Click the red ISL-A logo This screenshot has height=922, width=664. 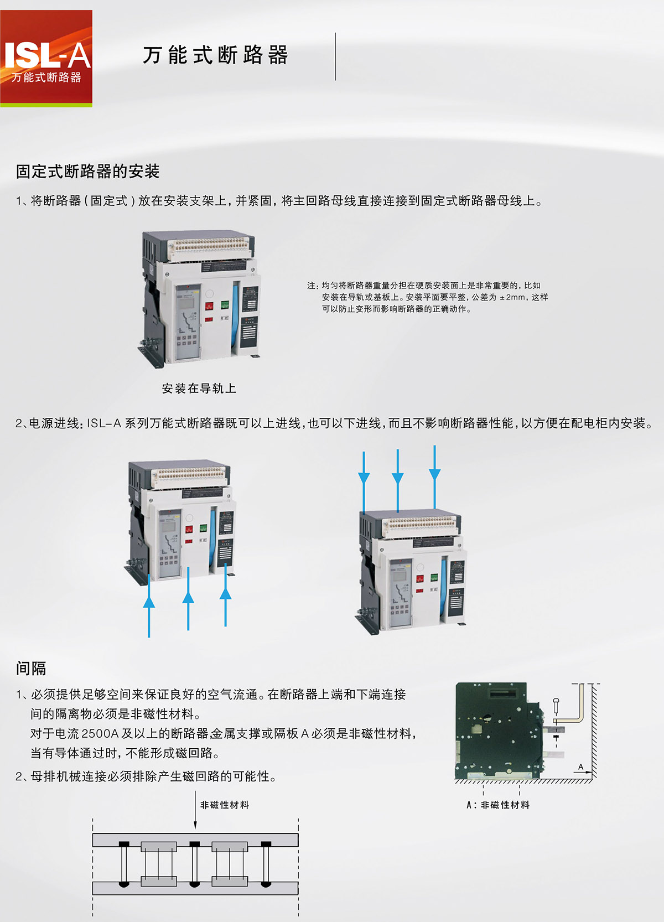[46, 59]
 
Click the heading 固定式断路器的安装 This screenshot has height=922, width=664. [87, 171]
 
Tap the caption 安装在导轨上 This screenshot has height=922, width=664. [199, 388]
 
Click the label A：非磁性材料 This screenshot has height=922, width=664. [498, 805]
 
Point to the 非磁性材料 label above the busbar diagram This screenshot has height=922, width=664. [225, 805]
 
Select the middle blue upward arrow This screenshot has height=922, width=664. [188, 598]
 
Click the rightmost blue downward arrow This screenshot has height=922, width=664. [435, 477]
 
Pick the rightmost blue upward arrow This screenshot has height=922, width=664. [226, 594]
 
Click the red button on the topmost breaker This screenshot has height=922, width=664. [209, 306]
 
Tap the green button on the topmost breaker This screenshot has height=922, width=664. [225, 304]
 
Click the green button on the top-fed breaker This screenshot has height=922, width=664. [434, 577]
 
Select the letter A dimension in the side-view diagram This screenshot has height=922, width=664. [581, 766]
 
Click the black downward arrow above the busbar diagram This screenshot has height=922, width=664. [195, 809]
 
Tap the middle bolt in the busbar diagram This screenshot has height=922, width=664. [195, 864]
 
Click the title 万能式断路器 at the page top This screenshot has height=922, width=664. [215, 55]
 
